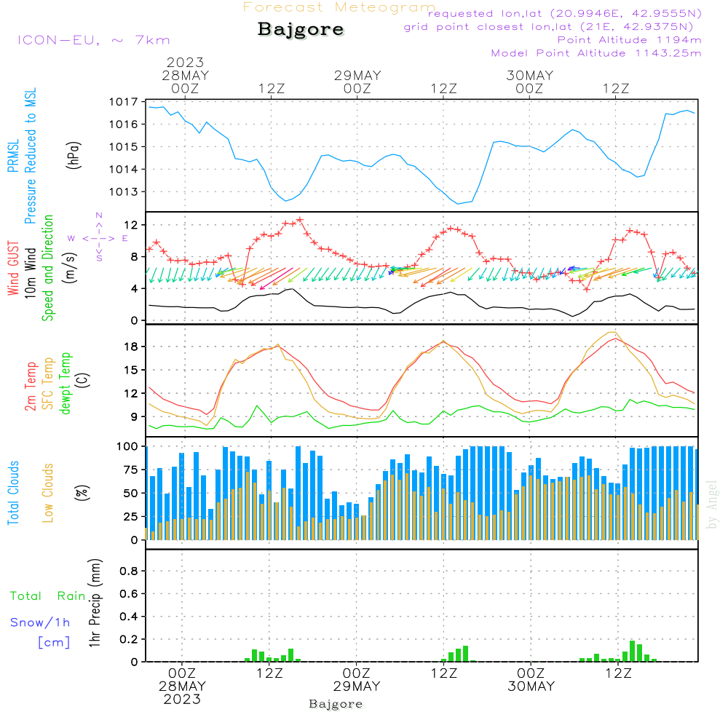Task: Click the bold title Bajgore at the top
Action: click(301, 30)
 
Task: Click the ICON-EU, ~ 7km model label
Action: click(93, 40)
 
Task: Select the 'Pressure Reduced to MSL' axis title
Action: click(31, 156)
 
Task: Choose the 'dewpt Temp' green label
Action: click(66, 384)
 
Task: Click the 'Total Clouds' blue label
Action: click(13, 493)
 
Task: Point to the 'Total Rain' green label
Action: click(48, 596)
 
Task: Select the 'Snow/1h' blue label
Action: click(41, 622)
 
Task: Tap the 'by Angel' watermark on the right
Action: click(712, 505)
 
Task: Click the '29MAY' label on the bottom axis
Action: click(357, 687)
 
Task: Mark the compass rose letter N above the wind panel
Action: click(99, 215)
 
